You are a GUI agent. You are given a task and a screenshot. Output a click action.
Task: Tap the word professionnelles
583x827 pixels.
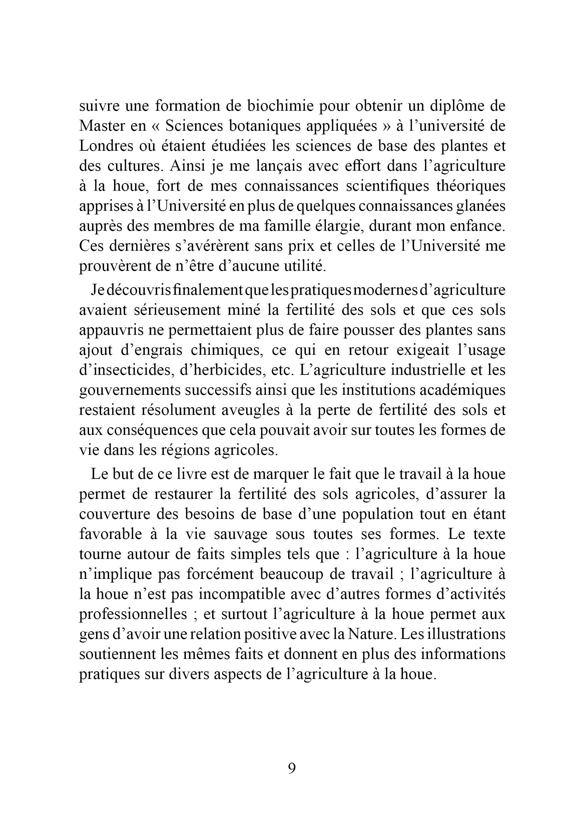tap(133, 614)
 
